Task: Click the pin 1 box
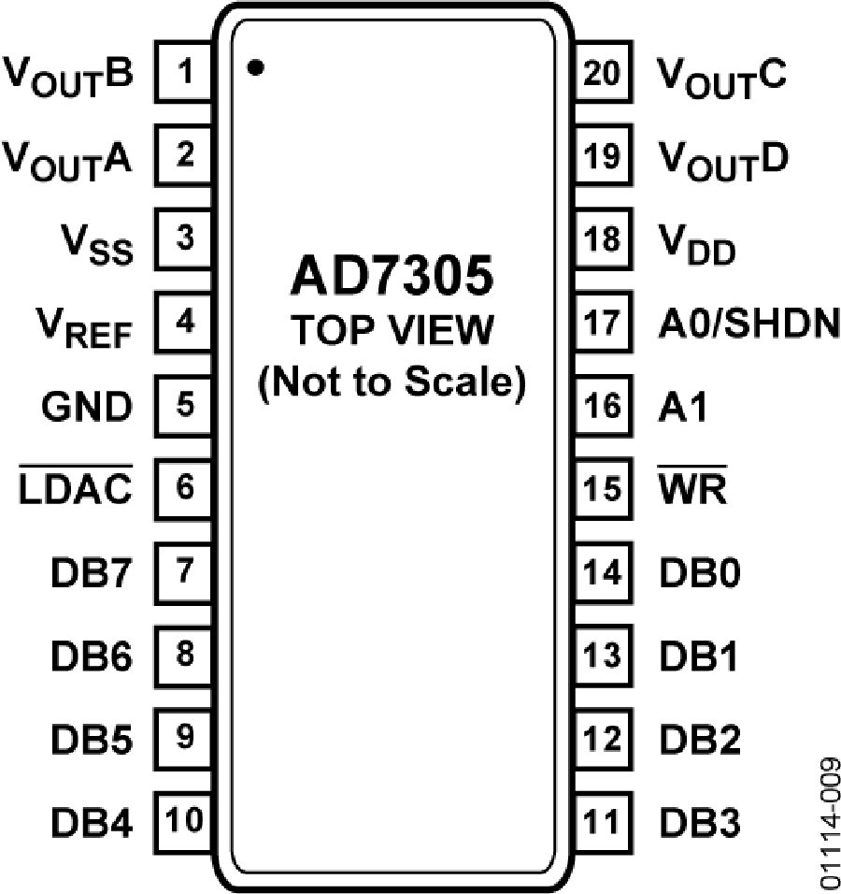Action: pos(183,72)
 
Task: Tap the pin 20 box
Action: pos(604,72)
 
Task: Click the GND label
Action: pos(87,407)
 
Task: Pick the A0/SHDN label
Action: pos(748,324)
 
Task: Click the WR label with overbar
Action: pos(692,485)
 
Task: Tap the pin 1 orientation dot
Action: pos(256,67)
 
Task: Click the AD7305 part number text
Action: pos(392,275)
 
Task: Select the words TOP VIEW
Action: pos(392,329)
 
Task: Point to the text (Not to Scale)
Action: pos(392,382)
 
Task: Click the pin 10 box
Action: pos(183,822)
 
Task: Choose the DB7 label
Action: pos(92,572)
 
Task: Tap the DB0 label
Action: pos(700,572)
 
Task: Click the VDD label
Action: pos(697,244)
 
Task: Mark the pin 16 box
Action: pos(604,405)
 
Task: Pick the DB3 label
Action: pos(700,822)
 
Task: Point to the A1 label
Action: pos(682,407)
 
